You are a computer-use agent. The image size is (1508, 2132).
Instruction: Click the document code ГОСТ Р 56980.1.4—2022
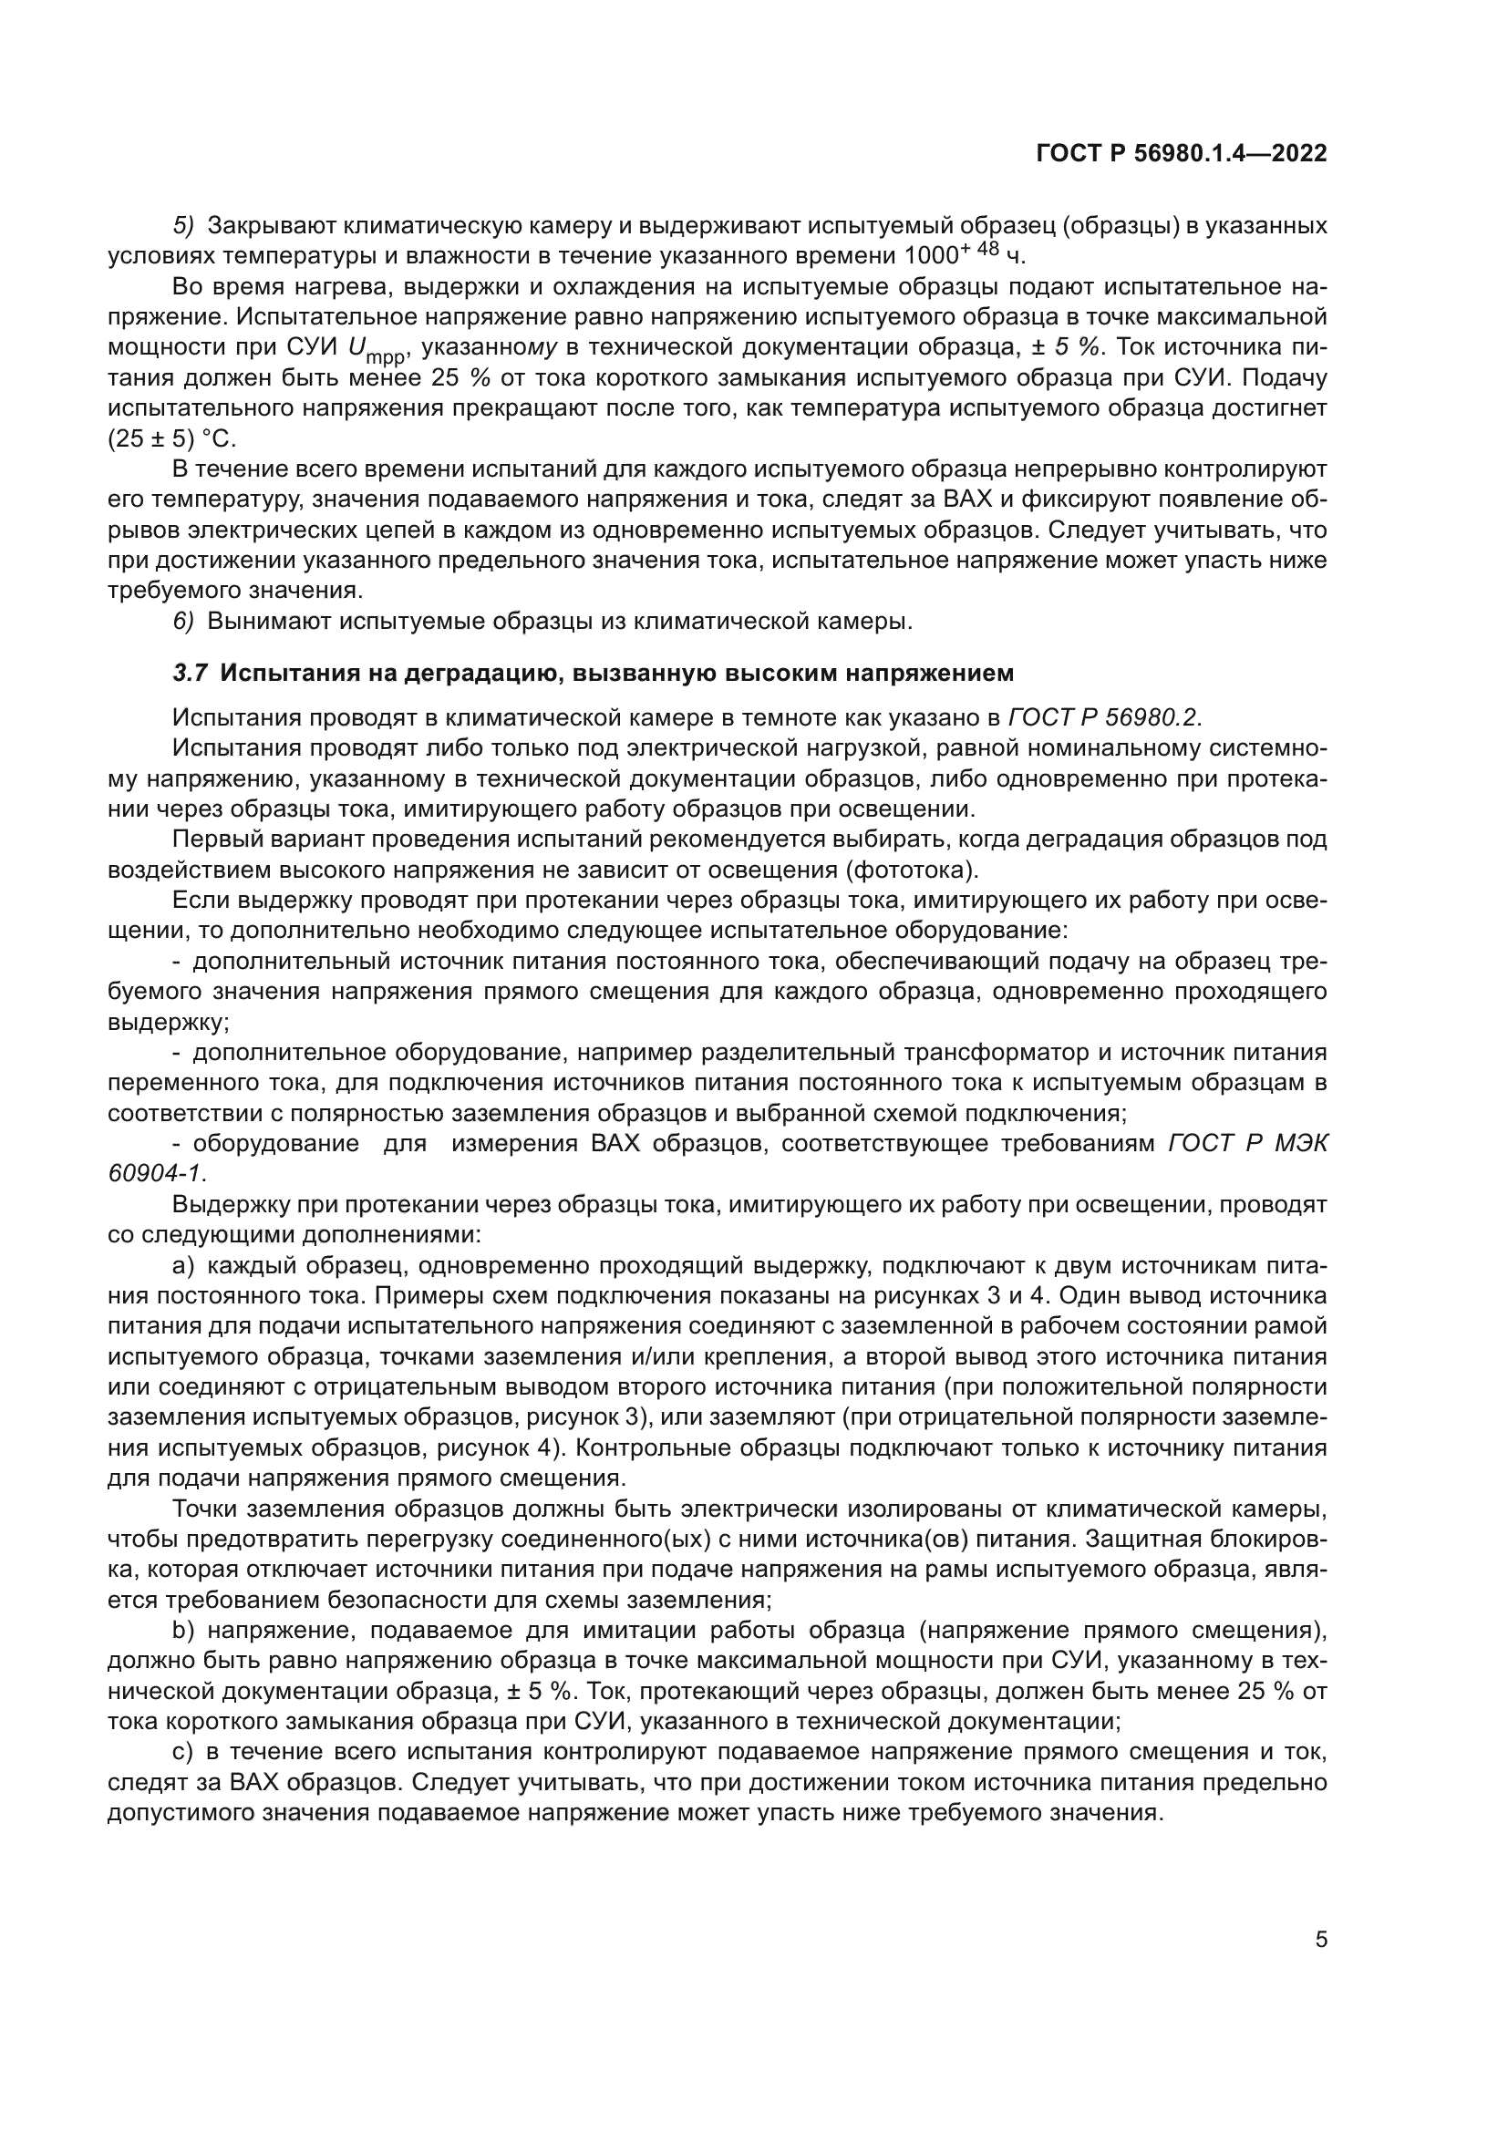click(1181, 153)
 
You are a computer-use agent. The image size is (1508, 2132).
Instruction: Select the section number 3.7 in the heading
click(191, 673)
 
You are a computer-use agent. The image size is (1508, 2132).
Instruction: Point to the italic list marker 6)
click(184, 622)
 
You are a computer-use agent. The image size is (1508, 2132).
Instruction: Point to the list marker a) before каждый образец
click(183, 1266)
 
